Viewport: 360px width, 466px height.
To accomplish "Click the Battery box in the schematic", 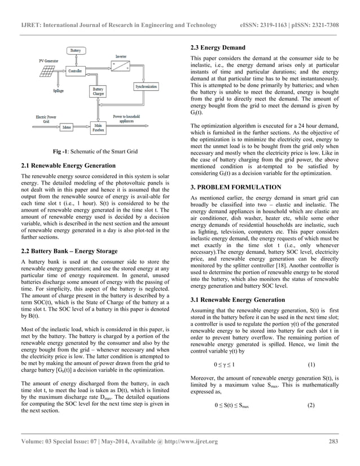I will coord(75,50).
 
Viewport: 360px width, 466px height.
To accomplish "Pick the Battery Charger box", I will coord(98,92).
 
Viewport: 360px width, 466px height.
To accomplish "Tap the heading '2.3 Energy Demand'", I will coord(218,48).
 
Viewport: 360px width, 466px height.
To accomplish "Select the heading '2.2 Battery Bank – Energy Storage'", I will coord(69,250).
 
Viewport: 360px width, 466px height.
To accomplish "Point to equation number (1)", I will coord(311,364).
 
